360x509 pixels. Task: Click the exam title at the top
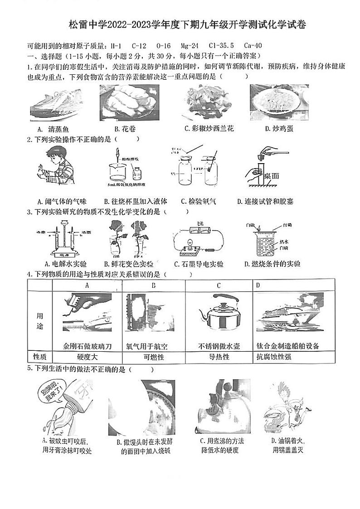pos(187,24)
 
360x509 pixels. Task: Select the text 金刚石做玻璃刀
pos(88,346)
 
